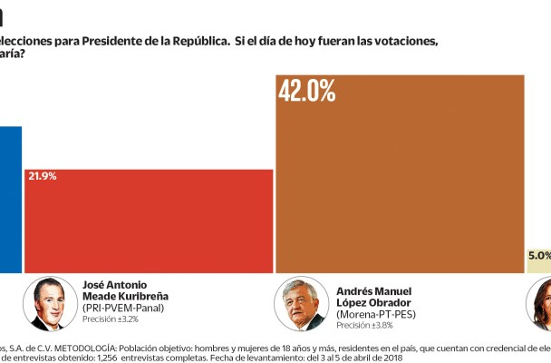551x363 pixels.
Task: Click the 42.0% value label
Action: pyautogui.click(x=307, y=91)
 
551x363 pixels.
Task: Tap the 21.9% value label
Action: pyautogui.click(x=43, y=176)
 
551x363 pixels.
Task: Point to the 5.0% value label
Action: pyautogui.click(x=538, y=256)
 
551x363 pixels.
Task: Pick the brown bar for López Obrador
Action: pyautogui.click(x=400, y=181)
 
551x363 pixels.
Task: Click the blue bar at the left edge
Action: pyautogui.click(x=10, y=200)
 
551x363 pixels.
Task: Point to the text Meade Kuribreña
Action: pyautogui.click(x=125, y=296)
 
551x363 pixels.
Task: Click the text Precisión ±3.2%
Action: pyautogui.click(x=111, y=319)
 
